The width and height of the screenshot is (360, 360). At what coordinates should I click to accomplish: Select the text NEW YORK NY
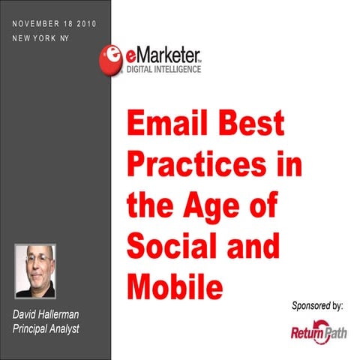42,37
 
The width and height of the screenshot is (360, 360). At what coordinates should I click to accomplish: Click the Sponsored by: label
316,305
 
